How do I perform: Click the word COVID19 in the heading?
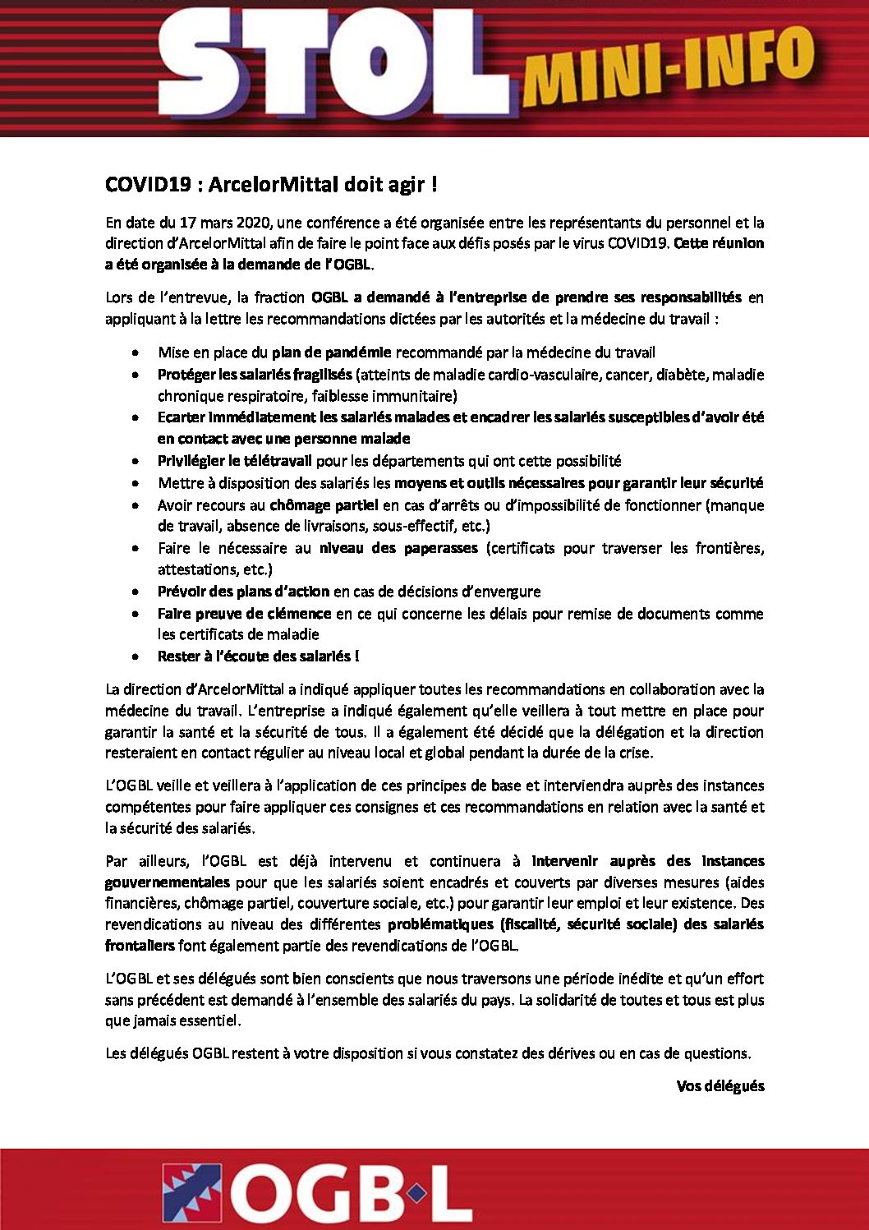coord(148,185)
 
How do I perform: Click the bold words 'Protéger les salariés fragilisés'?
coord(255,375)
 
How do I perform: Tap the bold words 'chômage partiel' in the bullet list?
coord(324,505)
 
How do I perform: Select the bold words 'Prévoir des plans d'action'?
coord(243,592)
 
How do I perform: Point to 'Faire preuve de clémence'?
coord(244,614)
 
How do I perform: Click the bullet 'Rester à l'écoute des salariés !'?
coord(258,656)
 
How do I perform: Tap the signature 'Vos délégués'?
coord(720,1086)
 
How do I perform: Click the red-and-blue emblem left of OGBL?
coord(191,1193)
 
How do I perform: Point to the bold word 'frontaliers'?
coord(140,946)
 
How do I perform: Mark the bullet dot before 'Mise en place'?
coord(135,353)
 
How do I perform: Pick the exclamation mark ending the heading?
coord(434,185)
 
